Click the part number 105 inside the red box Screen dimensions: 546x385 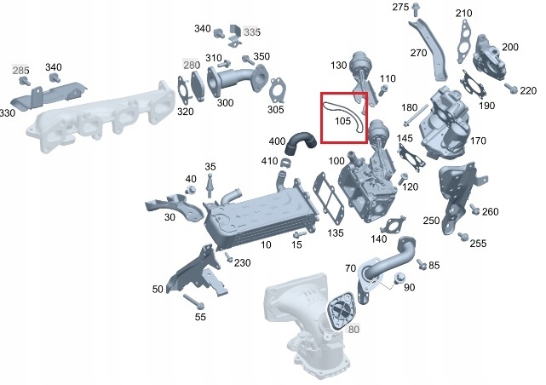pyautogui.click(x=342, y=121)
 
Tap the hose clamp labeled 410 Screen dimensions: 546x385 pyautogui.click(x=285, y=162)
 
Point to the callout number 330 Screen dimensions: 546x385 pyautogui.click(x=8, y=113)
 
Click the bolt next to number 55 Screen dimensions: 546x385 pyautogui.click(x=193, y=302)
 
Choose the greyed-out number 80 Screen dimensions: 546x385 pyautogui.click(x=353, y=329)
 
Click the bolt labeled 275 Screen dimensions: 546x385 pyautogui.click(x=415, y=9)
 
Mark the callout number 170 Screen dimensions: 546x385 pyautogui.click(x=478, y=141)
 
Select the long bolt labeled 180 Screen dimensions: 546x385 pyautogui.click(x=416, y=115)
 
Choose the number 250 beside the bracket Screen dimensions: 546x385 pyautogui.click(x=431, y=221)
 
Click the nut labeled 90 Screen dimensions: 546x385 pyautogui.click(x=399, y=278)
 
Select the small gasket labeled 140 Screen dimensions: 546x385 pyautogui.click(x=394, y=225)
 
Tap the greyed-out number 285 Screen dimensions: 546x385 pyautogui.click(x=20, y=71)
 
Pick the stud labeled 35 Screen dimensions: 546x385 pyautogui.click(x=210, y=185)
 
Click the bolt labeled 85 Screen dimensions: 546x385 pyautogui.click(x=421, y=264)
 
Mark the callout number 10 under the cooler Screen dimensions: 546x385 pyautogui.click(x=266, y=244)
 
